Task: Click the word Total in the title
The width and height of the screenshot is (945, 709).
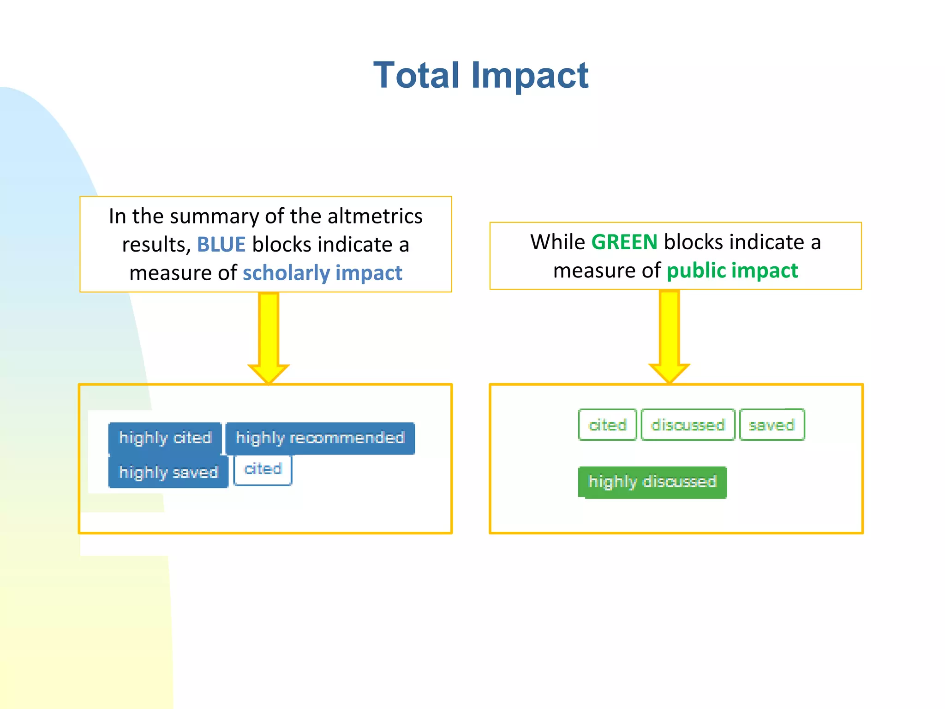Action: point(416,75)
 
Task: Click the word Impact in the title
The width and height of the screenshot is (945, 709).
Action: point(529,75)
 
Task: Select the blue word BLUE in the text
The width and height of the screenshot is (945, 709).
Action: point(221,245)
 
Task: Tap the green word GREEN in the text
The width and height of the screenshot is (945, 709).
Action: point(624,242)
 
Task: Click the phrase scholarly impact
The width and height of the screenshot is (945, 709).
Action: point(322,273)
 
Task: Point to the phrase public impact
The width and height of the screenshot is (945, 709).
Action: point(732,270)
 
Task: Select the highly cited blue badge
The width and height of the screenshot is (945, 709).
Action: point(165,438)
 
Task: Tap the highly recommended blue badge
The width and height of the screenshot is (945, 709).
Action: point(320,438)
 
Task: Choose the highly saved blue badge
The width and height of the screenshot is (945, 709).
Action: point(168,472)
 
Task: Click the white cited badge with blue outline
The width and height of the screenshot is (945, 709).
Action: point(263,469)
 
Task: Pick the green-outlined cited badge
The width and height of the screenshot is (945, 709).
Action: point(607,425)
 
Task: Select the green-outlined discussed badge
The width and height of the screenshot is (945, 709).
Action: point(688,425)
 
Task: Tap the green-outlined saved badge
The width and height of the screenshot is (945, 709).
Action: point(772,425)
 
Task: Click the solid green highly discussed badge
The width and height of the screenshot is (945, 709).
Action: point(652,482)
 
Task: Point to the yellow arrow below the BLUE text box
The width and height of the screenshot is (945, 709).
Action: point(269,337)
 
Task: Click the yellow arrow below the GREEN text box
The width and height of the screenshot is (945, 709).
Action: point(669,336)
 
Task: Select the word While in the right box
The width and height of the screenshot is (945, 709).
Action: point(557,242)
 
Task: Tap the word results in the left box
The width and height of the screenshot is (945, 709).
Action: point(156,245)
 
